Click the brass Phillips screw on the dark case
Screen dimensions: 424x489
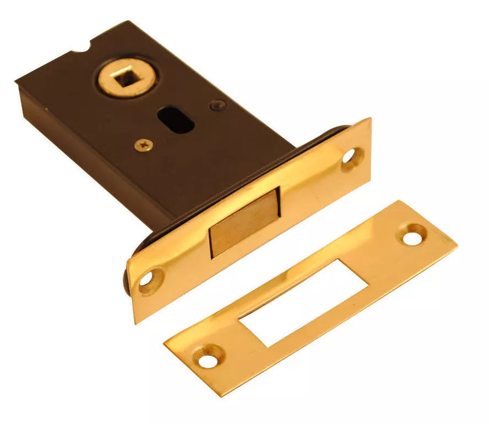coord(143,145)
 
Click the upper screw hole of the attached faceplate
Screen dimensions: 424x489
coord(350,157)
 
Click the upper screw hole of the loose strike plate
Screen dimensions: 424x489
coord(411,236)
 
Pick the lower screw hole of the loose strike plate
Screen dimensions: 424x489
coord(207,361)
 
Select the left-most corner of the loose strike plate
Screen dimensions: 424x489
coord(164,344)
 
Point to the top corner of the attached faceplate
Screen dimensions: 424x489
coord(368,118)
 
